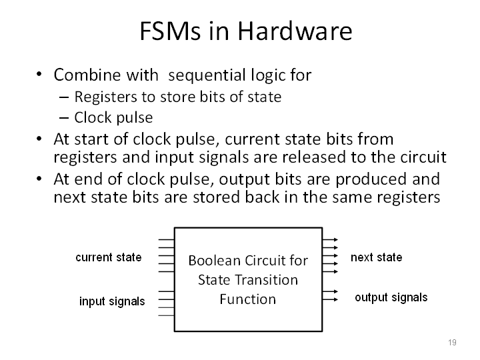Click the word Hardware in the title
(295, 31)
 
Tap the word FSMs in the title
(170, 31)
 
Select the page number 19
(452, 342)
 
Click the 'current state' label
(109, 257)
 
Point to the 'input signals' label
(112, 301)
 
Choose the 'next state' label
(376, 257)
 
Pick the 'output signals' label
(391, 297)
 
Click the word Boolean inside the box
(214, 261)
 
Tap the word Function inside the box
(247, 299)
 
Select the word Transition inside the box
(265, 280)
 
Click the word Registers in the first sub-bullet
(105, 97)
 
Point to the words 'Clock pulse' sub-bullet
(113, 117)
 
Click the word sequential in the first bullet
(207, 75)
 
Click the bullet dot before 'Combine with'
(39, 74)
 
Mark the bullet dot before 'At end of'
(39, 179)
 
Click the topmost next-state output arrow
(330, 240)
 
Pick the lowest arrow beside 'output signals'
(330, 299)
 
